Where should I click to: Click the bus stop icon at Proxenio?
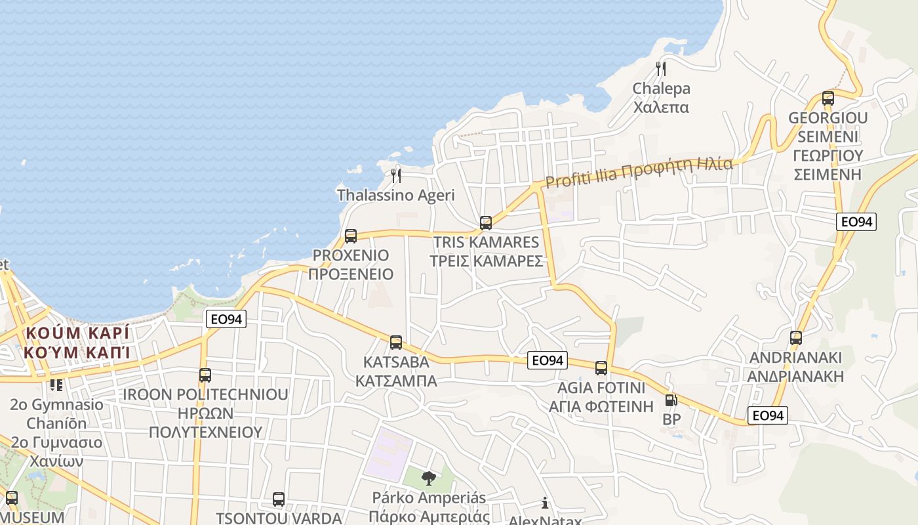coord(351,236)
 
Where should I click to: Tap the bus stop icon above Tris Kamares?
coord(486,222)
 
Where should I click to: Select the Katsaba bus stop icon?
coord(396,342)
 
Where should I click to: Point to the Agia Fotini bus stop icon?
coord(601,367)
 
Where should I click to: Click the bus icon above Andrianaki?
coord(796,338)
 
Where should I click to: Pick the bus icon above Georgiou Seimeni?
coord(828,98)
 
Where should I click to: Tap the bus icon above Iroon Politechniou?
coord(205,375)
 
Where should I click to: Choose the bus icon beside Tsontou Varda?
coord(279,499)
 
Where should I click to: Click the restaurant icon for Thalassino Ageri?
coord(396,175)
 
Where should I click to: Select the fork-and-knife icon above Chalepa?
coord(661,68)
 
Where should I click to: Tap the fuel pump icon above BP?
coord(671,400)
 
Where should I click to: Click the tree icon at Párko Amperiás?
coord(429,478)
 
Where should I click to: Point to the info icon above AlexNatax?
coord(545,503)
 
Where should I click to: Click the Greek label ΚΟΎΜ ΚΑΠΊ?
coord(76,352)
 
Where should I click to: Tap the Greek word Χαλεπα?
coord(661,107)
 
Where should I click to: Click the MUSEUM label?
coord(32,517)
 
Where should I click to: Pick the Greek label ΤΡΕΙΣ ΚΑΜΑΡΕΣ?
coord(486,261)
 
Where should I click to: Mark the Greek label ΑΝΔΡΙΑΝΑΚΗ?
coord(796,377)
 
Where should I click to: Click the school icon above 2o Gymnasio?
coord(56,385)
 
